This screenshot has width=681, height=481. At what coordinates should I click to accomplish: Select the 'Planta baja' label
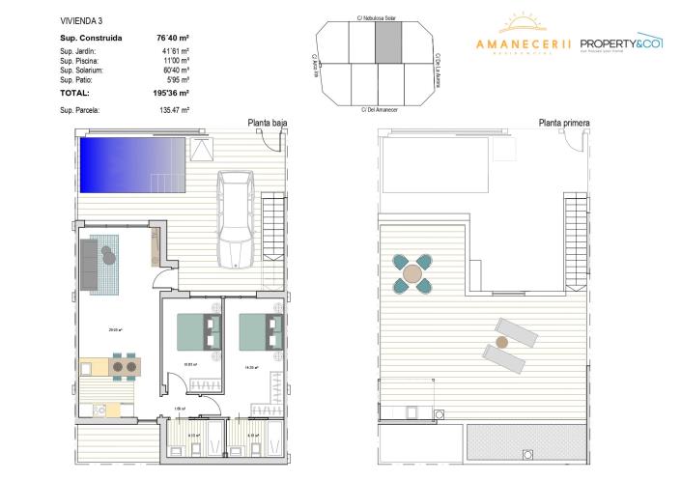pos(267,123)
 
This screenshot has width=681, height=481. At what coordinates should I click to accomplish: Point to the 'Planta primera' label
pos(564,123)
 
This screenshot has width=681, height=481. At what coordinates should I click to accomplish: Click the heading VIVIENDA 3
pos(80,17)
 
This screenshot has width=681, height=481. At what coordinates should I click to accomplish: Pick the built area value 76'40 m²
pos(171,39)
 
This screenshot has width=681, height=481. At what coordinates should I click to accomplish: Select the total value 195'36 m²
pos(169,94)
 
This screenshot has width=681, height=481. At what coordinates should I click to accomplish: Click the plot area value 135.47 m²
pos(171,111)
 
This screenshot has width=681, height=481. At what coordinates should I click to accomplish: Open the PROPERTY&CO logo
pos(621,43)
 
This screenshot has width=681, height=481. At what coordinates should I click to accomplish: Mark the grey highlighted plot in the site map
pos(386,43)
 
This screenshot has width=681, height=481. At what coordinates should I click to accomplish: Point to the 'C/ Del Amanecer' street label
pos(379,109)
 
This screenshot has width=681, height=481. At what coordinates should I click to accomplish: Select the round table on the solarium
pos(412,273)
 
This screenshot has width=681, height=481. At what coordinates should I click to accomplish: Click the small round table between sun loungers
pos(500,342)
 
